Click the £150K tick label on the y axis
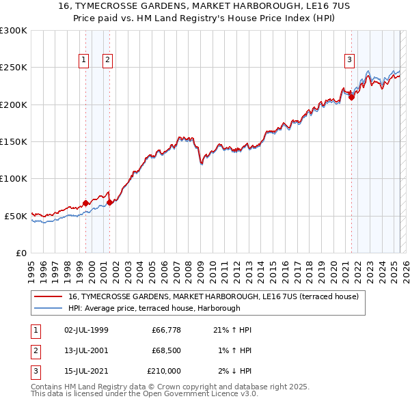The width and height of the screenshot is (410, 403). pos(14,142)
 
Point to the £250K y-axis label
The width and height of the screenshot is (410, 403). pos(14,68)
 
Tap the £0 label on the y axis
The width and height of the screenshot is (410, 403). pos(20,253)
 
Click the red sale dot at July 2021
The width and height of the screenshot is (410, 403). pos(351,97)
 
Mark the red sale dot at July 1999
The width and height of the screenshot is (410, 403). pos(85,203)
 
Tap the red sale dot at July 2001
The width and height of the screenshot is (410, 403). pos(110,201)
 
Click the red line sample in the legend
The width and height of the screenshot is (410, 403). pos(48,296)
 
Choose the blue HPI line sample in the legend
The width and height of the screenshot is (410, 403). pos(48,308)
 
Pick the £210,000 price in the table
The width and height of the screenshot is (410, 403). pos(164,371)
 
